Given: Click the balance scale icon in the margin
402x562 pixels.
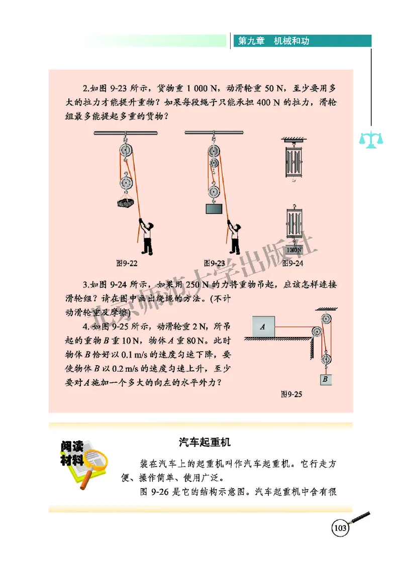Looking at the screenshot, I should point(370,139).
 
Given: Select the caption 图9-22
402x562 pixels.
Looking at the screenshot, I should point(127,263).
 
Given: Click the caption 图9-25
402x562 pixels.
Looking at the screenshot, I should point(291,394).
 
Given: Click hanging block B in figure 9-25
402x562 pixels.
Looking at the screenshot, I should point(325,380).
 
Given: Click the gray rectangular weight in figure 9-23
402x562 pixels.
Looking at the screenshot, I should point(214,208).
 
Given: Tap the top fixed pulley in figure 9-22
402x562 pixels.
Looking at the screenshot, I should point(125,151).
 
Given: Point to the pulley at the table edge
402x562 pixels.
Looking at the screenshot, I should point(317,332).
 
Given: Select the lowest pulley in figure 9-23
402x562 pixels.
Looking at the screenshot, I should point(214,192).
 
